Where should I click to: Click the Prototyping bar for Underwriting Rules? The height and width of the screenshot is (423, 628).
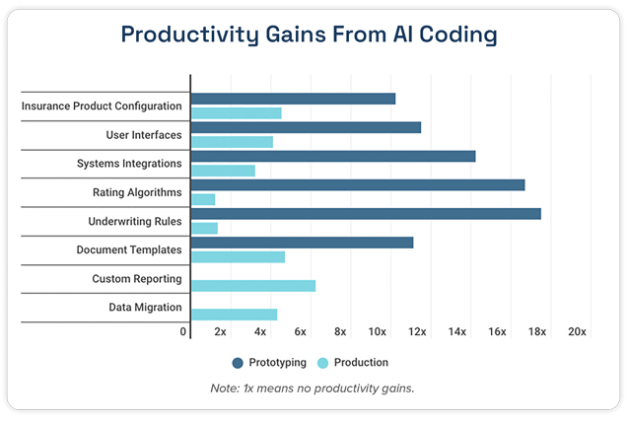tap(365, 214)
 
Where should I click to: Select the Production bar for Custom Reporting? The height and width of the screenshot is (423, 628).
tap(252, 286)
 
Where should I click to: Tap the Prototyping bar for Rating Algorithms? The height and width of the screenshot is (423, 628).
tap(357, 184)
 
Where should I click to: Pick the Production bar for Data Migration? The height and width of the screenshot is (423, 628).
tap(234, 315)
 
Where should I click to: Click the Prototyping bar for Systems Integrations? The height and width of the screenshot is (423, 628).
tap(332, 156)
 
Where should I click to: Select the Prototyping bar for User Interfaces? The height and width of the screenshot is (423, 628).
tap(306, 127)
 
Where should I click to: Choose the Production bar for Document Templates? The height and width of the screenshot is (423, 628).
tap(238, 257)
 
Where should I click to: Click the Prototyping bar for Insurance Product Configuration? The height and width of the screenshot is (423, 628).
tap(293, 99)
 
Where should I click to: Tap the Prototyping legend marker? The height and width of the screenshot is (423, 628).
tap(238, 362)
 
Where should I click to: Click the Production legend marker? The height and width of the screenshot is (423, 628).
tap(324, 362)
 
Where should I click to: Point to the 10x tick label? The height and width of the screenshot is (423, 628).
tap(377, 332)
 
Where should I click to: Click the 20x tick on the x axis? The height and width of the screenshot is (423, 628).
tap(577, 332)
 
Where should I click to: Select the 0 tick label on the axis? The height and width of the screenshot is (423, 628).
tap(183, 332)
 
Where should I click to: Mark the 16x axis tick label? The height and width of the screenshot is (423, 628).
tap(497, 332)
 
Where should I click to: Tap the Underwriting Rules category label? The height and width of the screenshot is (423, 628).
tap(135, 221)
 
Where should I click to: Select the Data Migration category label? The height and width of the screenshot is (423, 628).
tap(145, 308)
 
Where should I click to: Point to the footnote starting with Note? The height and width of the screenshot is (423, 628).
tap(313, 388)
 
